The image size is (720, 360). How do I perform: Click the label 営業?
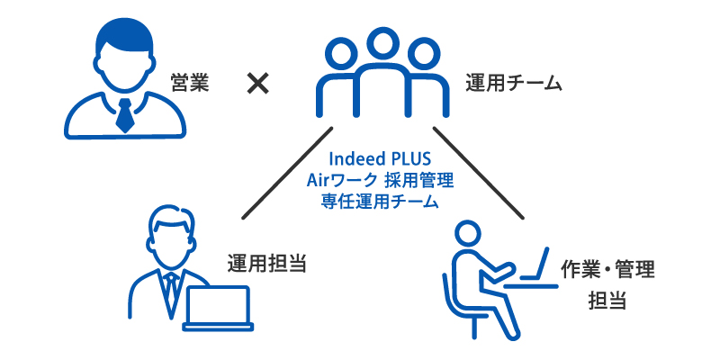(190, 85)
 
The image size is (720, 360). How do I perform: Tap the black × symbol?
(258, 84)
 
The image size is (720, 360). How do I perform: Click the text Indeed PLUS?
(380, 158)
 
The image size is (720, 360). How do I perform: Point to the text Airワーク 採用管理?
(380, 180)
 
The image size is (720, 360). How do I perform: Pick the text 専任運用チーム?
(380, 202)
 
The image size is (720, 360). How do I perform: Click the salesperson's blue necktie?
(126, 113)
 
